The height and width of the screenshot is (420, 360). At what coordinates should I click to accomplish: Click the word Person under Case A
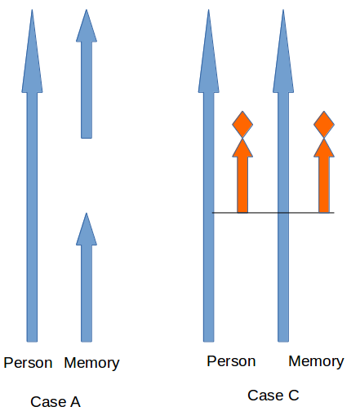pos(28,363)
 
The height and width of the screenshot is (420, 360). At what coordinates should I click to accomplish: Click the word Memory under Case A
pos(91,364)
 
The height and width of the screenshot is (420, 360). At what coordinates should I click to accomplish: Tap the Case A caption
pos(56,402)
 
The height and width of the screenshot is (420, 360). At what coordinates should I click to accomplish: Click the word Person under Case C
pos(231,361)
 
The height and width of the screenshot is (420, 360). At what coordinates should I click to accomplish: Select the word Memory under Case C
pos(316,362)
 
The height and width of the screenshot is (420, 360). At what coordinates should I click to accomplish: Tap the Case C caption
pos(273,395)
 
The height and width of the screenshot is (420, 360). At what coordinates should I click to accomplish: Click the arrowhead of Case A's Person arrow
pos(32,51)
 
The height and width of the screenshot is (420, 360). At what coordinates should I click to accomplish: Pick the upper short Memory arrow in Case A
pos(87,73)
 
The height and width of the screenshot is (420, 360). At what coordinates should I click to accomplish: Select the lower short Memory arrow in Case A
pos(87,277)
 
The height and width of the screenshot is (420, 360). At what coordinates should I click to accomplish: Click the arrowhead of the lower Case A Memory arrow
pos(87,229)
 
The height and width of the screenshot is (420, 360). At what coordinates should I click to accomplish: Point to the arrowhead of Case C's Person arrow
pos(209,51)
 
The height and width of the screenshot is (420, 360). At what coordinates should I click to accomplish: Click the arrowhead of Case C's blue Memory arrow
pos(283,51)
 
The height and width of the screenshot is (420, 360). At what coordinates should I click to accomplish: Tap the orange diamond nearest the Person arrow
pos(242,125)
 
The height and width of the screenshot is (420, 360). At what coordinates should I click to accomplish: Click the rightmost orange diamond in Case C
pos(324,125)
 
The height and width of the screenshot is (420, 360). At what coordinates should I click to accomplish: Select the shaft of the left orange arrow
pos(242,184)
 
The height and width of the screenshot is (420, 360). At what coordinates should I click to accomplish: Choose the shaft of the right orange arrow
pos(324,184)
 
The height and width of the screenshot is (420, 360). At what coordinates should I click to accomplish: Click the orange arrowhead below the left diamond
pos(242,148)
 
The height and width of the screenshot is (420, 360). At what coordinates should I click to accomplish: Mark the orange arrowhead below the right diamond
pos(324,148)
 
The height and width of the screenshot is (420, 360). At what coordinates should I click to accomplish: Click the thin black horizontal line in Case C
pos(273,213)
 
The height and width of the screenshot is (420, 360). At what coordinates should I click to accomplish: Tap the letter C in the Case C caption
pos(294,395)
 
